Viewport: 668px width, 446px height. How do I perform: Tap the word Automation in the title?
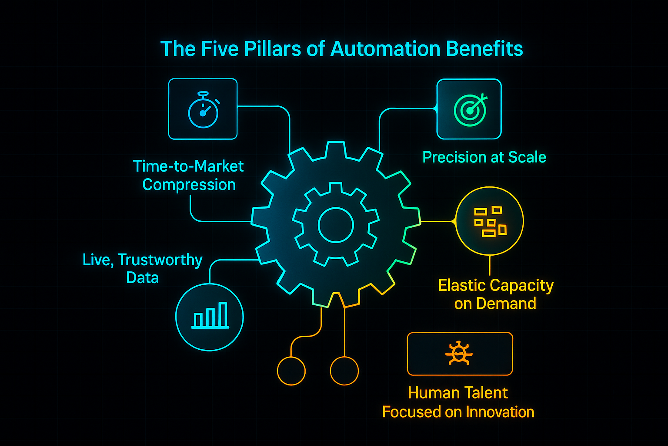tap(384, 49)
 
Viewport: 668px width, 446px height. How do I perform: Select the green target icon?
tap(470, 109)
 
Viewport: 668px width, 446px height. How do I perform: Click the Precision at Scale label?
tap(484, 157)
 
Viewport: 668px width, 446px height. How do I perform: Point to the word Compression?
tap(189, 185)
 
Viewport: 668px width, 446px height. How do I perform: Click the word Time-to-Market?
tap(188, 166)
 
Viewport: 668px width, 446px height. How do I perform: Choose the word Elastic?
tap(463, 285)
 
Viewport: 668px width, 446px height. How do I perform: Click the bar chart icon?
tap(210, 315)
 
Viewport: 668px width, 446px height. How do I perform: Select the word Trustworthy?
tap(160, 260)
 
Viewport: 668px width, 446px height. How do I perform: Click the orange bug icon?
tap(459, 354)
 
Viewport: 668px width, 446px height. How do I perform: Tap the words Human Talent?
tap(458, 393)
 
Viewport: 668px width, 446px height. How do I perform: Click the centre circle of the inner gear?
tap(336, 225)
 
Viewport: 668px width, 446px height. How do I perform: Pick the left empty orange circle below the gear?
tap(291, 371)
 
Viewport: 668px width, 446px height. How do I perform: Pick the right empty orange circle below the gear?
tap(344, 371)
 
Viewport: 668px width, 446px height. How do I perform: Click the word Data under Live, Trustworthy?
tap(142, 278)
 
